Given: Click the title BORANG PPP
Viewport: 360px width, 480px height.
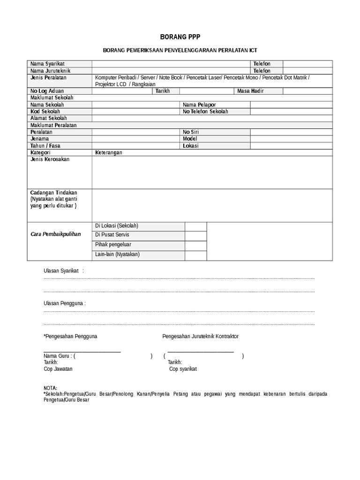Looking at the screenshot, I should (180, 37).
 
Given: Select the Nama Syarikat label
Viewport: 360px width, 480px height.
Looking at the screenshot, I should (47, 64).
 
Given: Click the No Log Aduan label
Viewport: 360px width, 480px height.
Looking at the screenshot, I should (47, 91).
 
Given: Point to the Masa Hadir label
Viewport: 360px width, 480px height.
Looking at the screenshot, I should (251, 91).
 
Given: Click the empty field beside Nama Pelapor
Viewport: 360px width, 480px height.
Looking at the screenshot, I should (291, 105).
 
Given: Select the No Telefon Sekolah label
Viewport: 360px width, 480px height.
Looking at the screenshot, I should (205, 112).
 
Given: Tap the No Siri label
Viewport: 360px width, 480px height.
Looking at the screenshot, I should (191, 132).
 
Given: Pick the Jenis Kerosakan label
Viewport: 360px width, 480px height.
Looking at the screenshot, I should (50, 160).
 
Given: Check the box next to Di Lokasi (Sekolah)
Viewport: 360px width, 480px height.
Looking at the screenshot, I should (195, 226).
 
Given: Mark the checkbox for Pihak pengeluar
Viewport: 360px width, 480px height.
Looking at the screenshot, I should (195, 245).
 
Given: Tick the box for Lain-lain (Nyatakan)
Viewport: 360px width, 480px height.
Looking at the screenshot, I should (195, 255).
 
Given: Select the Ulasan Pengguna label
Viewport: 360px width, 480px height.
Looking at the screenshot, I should (64, 303).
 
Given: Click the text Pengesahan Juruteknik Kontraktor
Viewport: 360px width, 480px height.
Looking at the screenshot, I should (200, 337).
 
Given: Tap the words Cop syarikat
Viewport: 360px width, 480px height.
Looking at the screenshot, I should (183, 369).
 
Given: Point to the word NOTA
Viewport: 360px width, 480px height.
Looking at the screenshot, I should (50, 389).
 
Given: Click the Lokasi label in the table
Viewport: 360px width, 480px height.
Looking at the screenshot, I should (191, 146).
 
